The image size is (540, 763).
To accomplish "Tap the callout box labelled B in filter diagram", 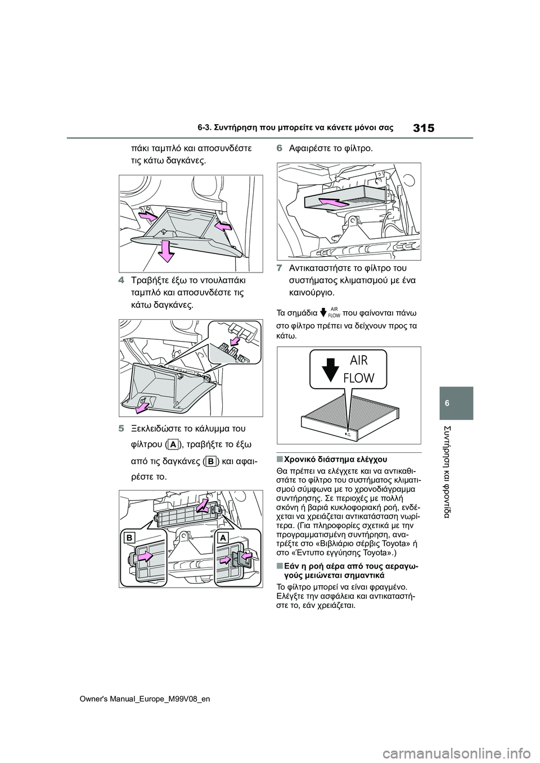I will tap(129, 538).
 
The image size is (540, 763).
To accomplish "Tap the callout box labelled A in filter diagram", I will tap(223, 538).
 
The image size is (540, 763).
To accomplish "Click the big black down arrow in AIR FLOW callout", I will tap(332, 370).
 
